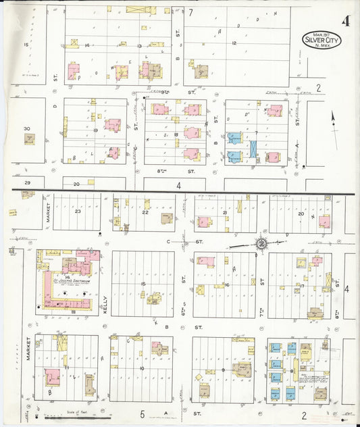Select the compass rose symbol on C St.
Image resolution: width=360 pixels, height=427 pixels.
click(261, 243)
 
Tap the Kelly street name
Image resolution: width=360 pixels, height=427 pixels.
click(106, 295)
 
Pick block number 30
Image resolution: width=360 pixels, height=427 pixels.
click(27, 128)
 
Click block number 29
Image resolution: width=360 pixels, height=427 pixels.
click(28, 183)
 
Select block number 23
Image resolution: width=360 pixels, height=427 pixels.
click(78, 211)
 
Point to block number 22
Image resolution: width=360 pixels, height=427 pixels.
click(145, 212)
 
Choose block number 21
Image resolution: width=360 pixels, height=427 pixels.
click(224, 212)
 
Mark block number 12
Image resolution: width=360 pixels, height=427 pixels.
click(234, 43)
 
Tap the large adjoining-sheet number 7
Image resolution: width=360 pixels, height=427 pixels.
click(191, 12)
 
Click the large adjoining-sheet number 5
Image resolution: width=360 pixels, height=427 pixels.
click(143, 413)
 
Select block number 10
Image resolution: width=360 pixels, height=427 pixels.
click(142, 368)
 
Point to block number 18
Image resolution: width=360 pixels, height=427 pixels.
click(175, 135)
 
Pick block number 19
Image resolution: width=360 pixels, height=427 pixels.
click(97, 130)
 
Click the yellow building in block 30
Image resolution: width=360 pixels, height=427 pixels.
click(30, 139)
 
